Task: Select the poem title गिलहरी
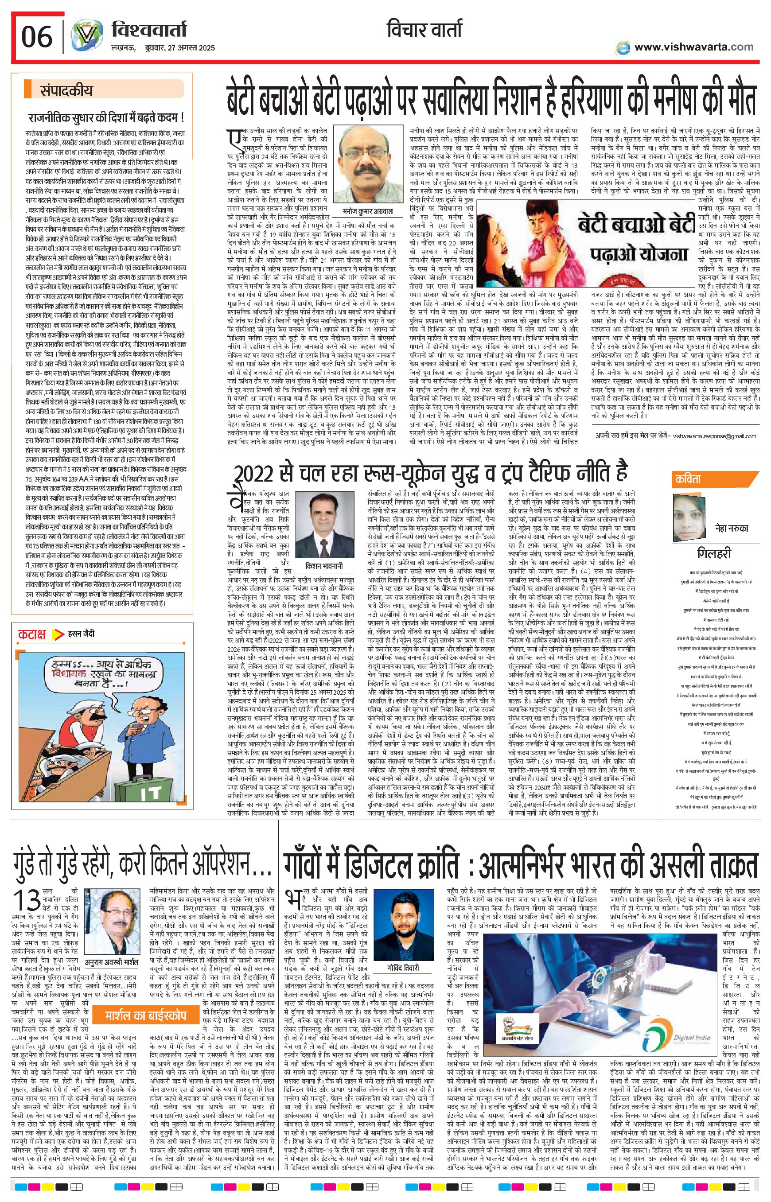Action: (x=714, y=553)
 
